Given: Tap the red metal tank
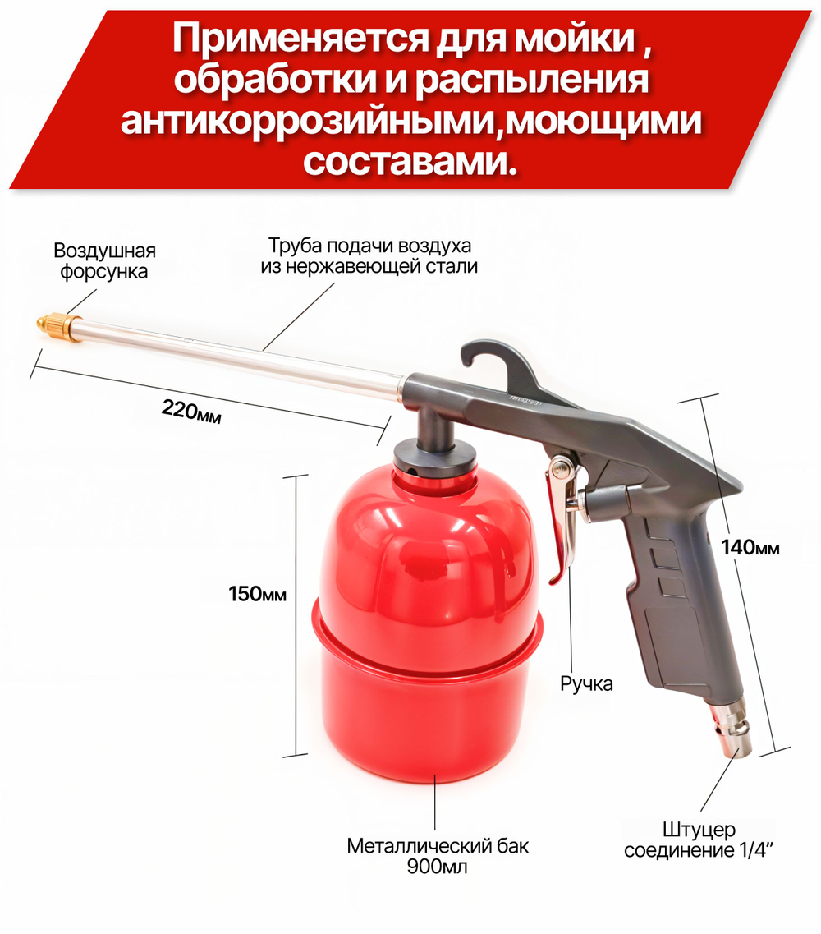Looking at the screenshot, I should (427, 624).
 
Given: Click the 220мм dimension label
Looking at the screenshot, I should (192, 411).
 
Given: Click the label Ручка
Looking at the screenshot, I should (586, 683).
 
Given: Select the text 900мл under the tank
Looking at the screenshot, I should (437, 866).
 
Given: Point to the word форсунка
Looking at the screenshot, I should (104, 272).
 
